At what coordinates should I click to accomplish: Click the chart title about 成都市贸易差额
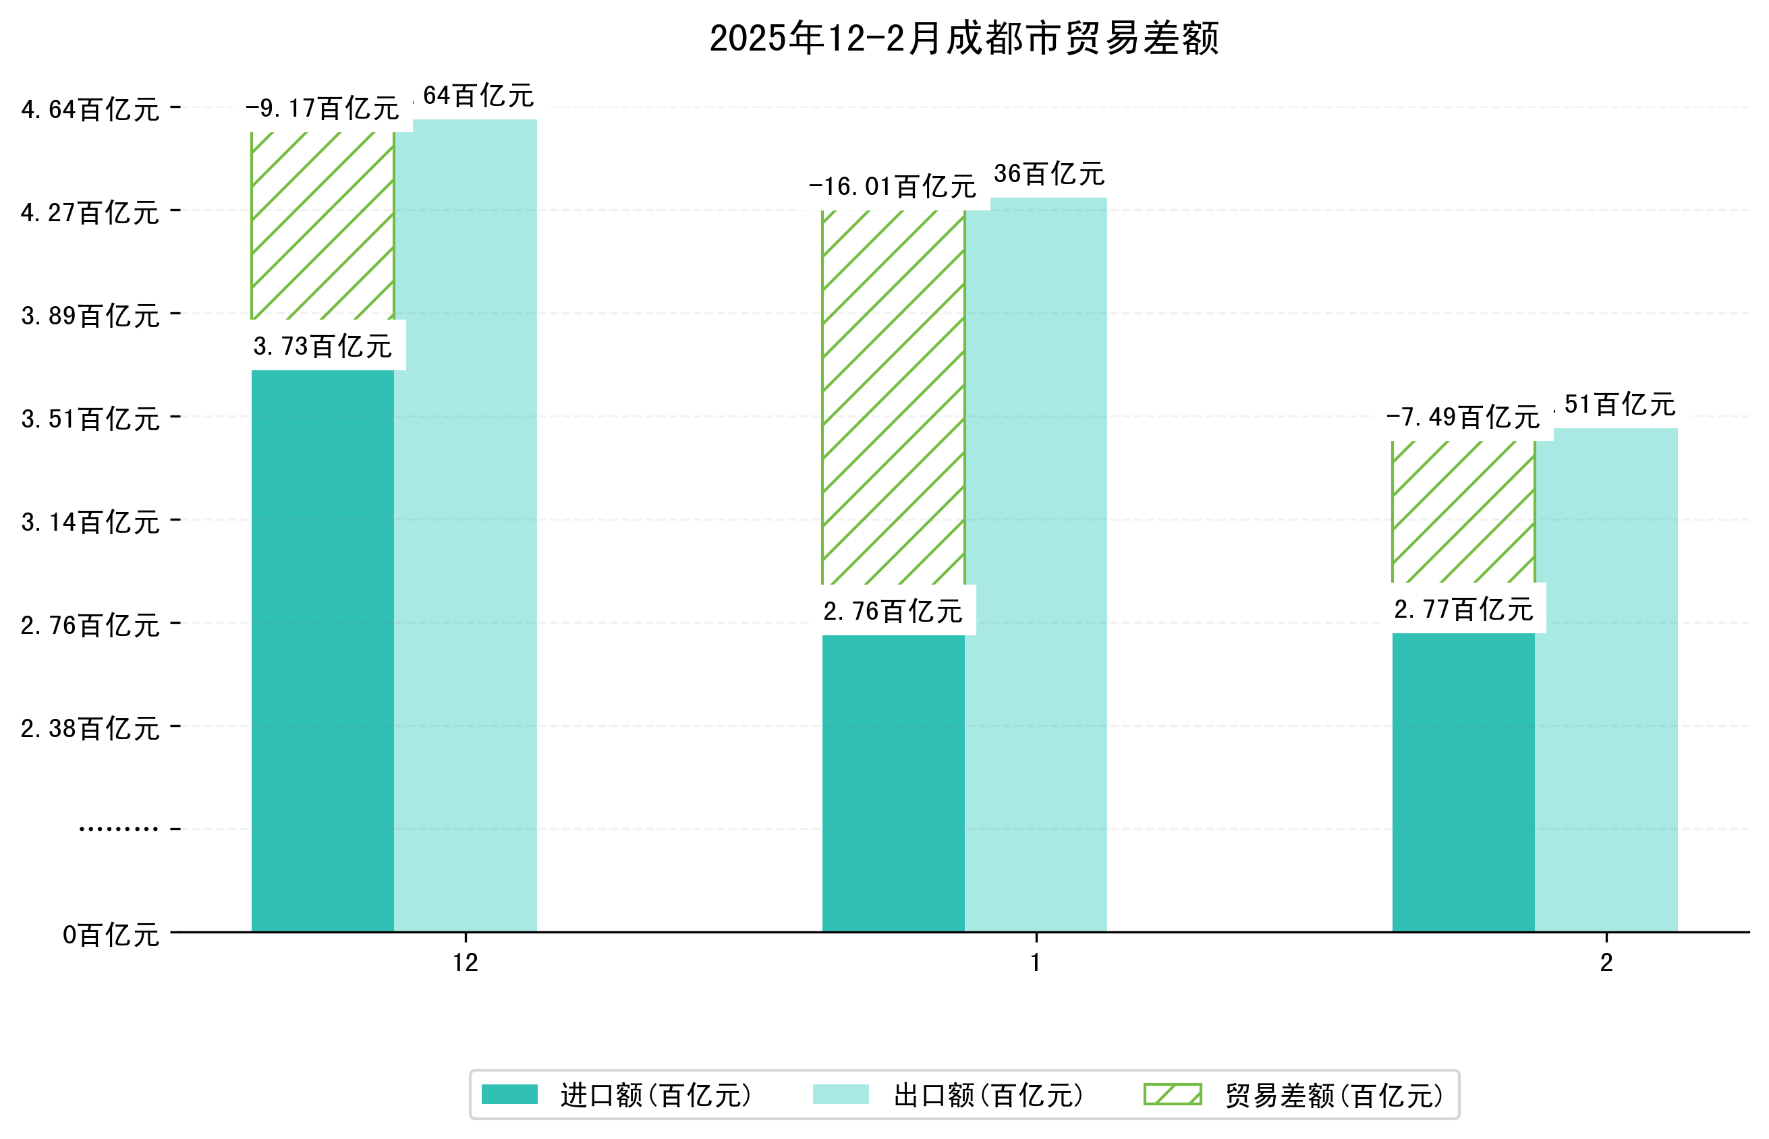click(963, 38)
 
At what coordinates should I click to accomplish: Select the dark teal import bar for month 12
click(322, 651)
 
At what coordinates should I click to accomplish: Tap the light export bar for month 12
click(466, 525)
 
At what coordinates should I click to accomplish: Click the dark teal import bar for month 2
click(1463, 782)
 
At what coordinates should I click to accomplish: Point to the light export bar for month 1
click(1036, 566)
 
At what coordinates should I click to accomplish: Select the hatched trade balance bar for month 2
click(1463, 512)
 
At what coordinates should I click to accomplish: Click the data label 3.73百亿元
click(322, 346)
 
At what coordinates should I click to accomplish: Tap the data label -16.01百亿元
click(893, 186)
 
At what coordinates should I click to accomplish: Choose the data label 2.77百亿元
click(1463, 610)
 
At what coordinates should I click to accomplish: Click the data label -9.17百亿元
click(322, 109)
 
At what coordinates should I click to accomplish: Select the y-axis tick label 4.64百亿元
click(90, 109)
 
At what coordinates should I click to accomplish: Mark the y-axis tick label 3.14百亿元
click(90, 522)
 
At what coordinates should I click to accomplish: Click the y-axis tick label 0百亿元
click(111, 935)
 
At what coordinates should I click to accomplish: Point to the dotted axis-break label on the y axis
click(118, 828)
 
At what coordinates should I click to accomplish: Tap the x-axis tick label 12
click(466, 962)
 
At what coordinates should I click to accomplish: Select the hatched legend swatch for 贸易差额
click(1173, 1094)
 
